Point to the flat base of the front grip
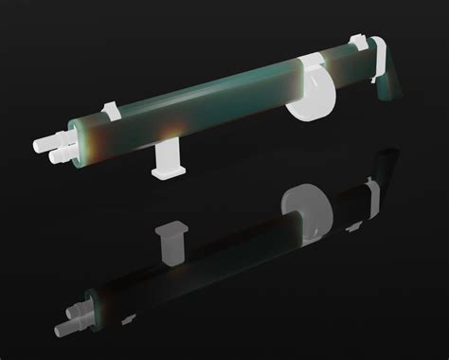[x=168, y=175]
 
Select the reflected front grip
[x=171, y=242]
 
